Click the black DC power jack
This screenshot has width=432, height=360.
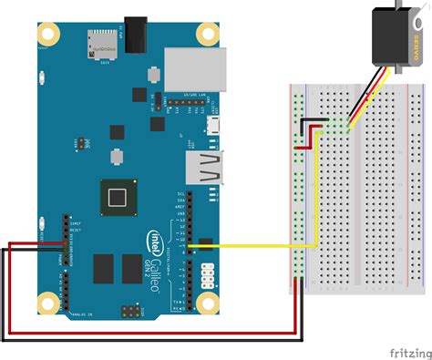coord(138,34)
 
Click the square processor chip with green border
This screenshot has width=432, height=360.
coord(117,197)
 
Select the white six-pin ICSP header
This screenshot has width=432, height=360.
coord(208,273)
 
